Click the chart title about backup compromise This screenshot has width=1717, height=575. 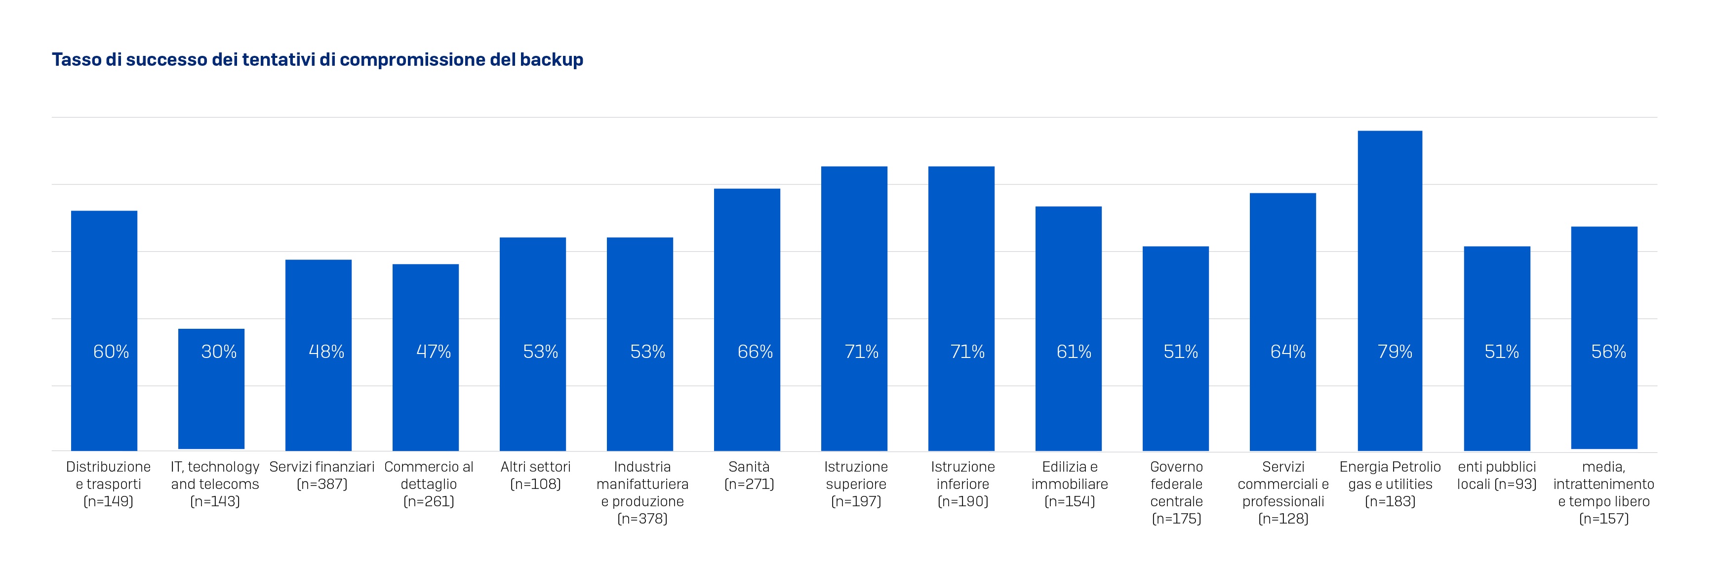[317, 60]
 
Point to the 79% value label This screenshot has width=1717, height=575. [1395, 352]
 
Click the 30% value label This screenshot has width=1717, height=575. [219, 352]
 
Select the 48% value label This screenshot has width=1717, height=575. [326, 352]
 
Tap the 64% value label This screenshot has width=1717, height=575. [1288, 352]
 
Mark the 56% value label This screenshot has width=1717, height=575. [1608, 352]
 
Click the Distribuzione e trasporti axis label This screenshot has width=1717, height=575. [108, 484]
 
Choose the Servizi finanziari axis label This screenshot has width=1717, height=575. [322, 475]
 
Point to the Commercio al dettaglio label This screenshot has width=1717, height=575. [429, 484]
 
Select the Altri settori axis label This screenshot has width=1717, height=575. [535, 475]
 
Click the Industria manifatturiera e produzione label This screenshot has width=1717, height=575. [642, 492]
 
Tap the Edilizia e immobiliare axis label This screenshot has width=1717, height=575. [1069, 484]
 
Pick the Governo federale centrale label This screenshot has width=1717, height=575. [1176, 492]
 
